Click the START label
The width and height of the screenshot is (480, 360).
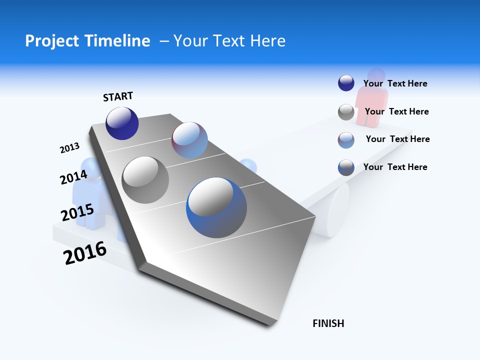(118, 96)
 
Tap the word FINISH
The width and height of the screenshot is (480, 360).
(328, 323)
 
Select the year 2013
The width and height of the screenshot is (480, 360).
(69, 148)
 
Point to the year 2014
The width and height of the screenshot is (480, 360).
(74, 177)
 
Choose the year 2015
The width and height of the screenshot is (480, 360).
(77, 212)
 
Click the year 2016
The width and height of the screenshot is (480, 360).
(85, 252)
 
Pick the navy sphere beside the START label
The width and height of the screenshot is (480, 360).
(122, 123)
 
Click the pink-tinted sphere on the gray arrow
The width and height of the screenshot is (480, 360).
(189, 140)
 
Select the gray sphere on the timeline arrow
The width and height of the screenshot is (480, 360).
(145, 180)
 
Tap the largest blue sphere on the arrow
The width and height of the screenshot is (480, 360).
(216, 207)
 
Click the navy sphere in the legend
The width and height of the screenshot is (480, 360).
(346, 83)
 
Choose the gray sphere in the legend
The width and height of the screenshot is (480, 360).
(346, 112)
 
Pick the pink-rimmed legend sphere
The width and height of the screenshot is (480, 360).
(346, 140)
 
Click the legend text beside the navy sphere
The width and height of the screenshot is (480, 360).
(395, 83)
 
